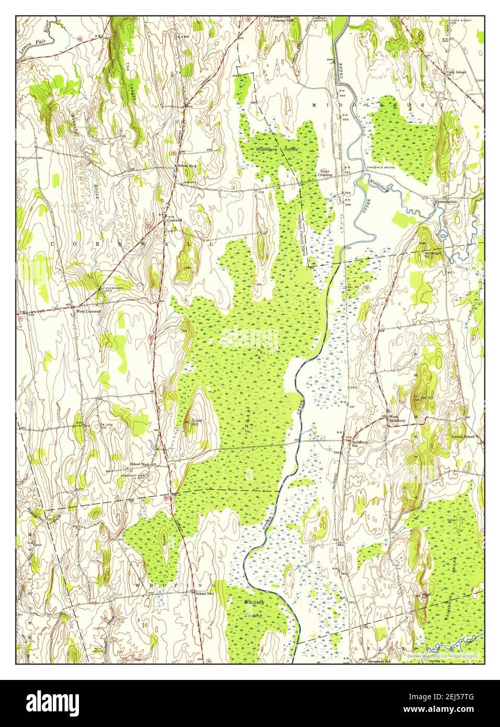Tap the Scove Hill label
tap(197, 422)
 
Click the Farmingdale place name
tap(445, 200)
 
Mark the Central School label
tap(462, 436)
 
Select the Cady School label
tap(457, 72)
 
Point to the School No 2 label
tap(187, 166)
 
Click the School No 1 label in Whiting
tap(204, 593)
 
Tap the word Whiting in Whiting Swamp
tap(254, 603)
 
